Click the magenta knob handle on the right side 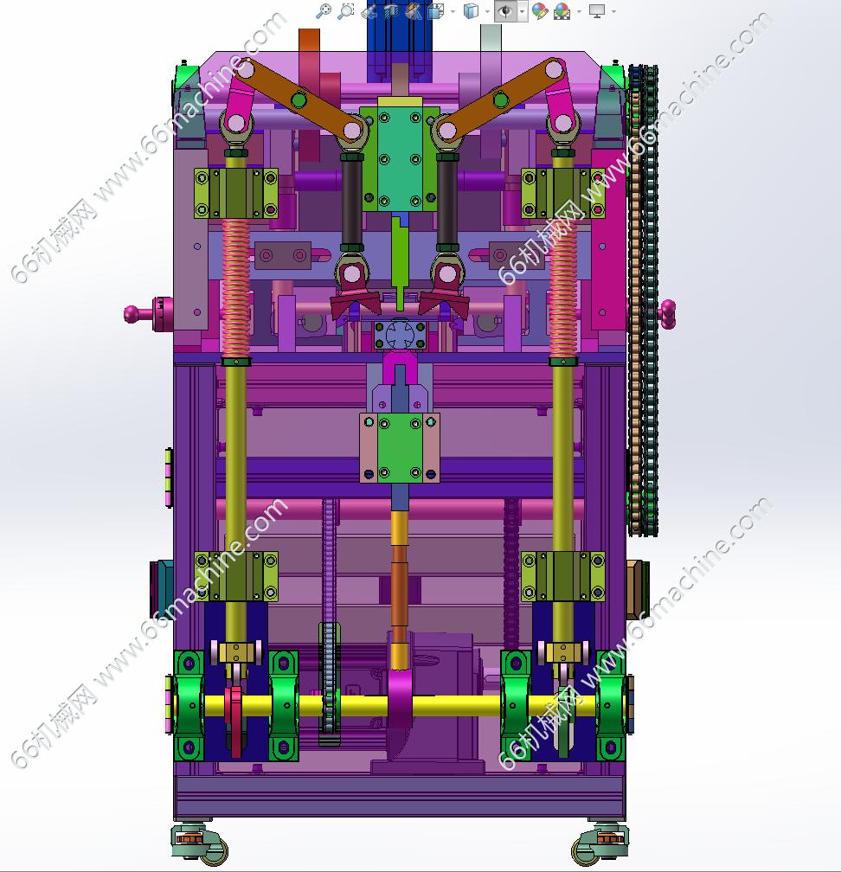click(667, 314)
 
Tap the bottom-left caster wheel click(200, 844)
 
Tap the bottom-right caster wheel click(600, 844)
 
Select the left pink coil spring click(236, 288)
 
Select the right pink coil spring click(563, 288)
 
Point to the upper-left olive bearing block click(236, 193)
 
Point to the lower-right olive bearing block click(563, 576)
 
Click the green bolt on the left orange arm click(299, 100)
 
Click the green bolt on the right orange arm click(501, 99)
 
